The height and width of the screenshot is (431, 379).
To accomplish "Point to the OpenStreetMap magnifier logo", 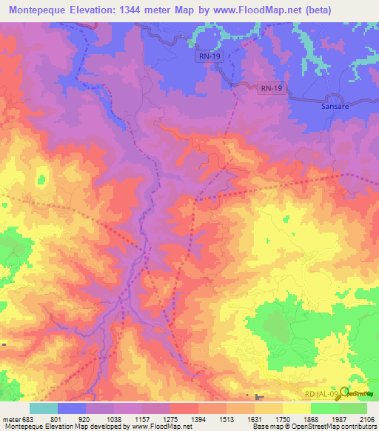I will [x=344, y=393].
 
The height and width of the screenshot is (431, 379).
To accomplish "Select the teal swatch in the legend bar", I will [x=43, y=408].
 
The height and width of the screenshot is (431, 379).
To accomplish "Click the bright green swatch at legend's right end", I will [x=353, y=408].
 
